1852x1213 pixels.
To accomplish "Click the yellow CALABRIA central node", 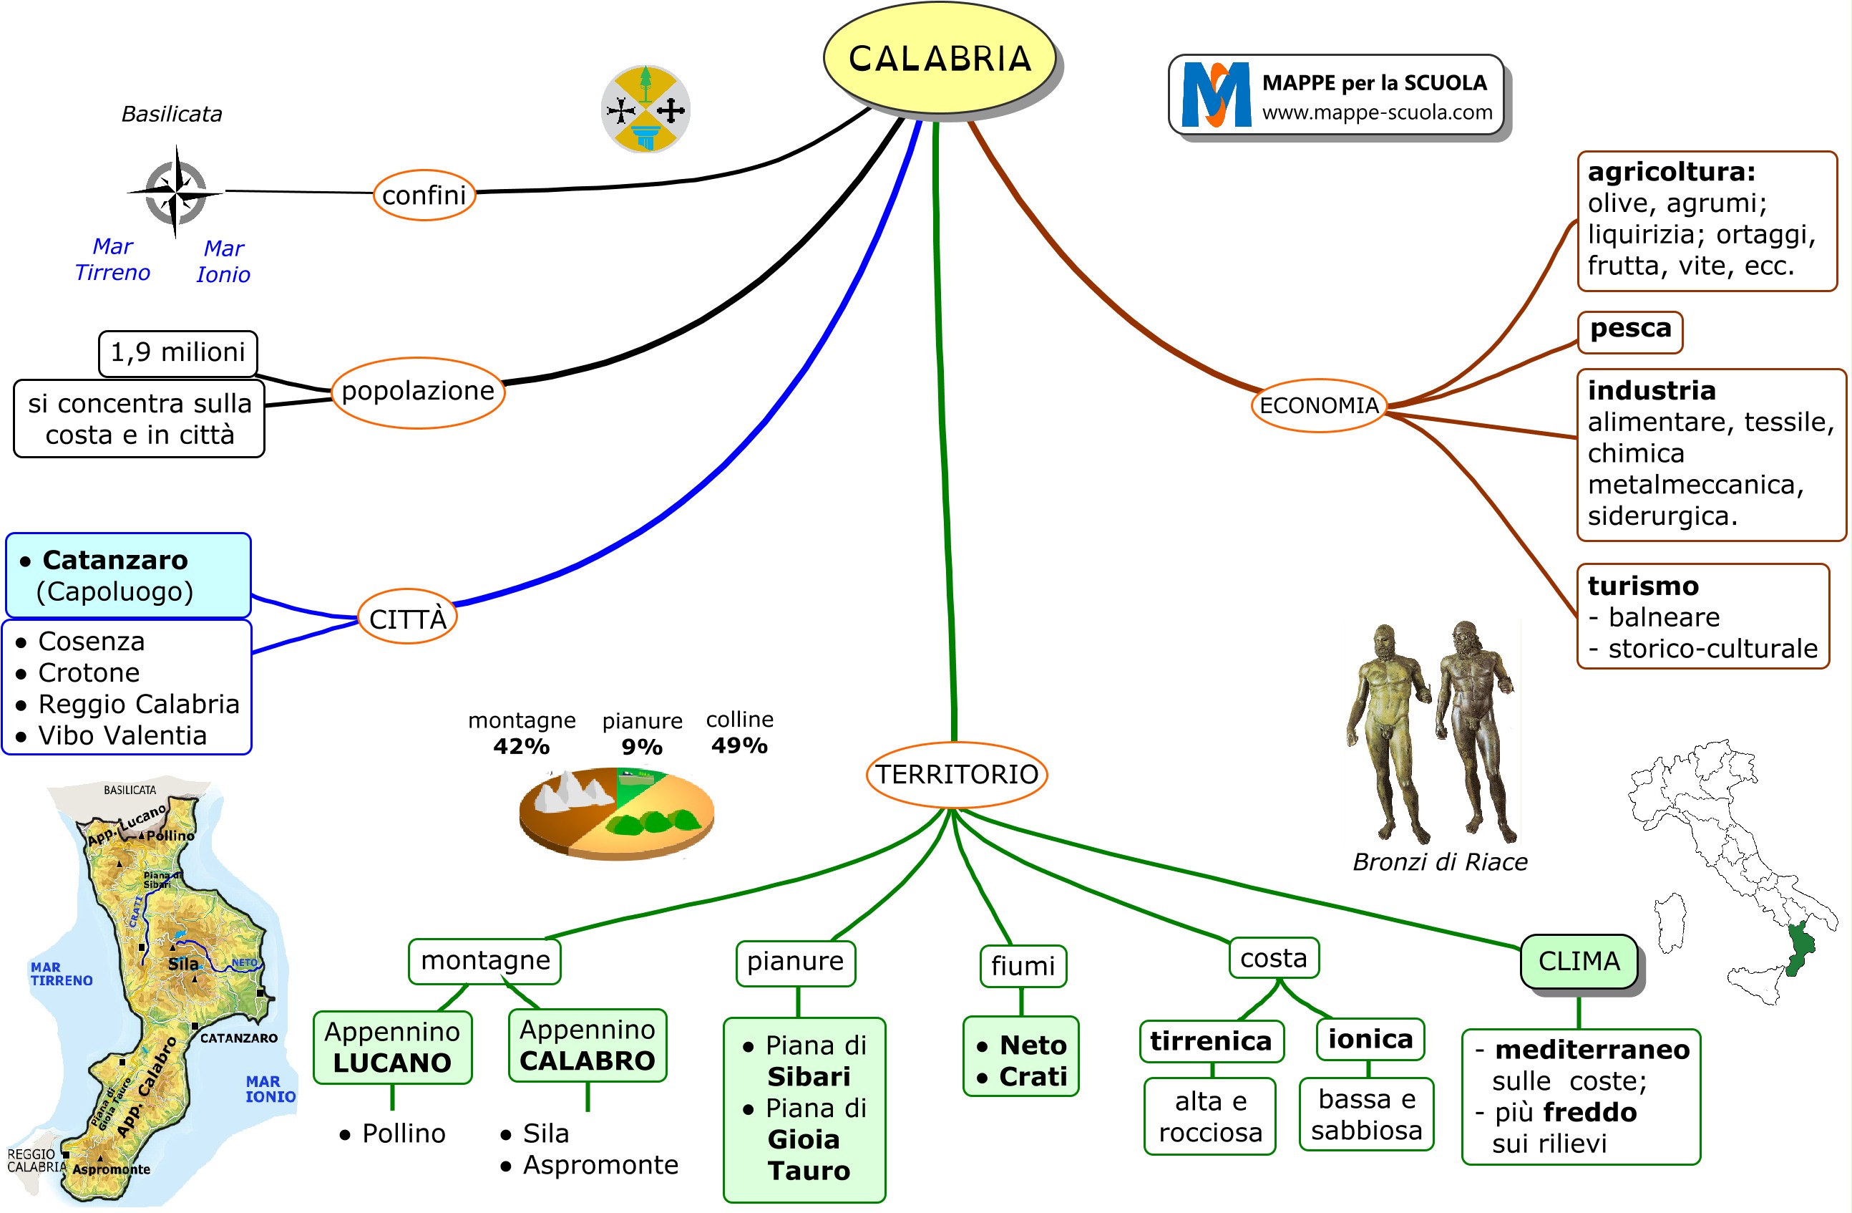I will (939, 59).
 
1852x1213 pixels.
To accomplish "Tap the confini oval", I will (424, 195).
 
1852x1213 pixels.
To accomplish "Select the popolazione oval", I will (418, 391).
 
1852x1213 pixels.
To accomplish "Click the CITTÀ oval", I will (407, 618).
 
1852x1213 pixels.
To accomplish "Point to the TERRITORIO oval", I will (956, 774).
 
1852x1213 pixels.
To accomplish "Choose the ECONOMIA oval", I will (1318, 405).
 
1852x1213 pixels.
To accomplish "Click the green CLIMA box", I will (1578, 961).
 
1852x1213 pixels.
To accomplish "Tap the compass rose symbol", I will (177, 190).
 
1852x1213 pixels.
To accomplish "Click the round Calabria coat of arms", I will (645, 109).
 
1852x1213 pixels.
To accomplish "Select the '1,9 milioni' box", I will (177, 353).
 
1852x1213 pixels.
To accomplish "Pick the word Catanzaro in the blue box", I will (115, 560).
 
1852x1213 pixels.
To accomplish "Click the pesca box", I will (1629, 330).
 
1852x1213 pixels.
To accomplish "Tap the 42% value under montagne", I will (522, 746).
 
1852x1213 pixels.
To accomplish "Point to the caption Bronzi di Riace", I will (1440, 862).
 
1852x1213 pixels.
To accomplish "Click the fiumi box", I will (1023, 966).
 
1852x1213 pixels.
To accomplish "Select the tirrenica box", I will (1211, 1041).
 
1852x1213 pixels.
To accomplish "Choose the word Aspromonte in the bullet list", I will (600, 1165).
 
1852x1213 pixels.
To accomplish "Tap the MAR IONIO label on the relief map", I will (270, 1088).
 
